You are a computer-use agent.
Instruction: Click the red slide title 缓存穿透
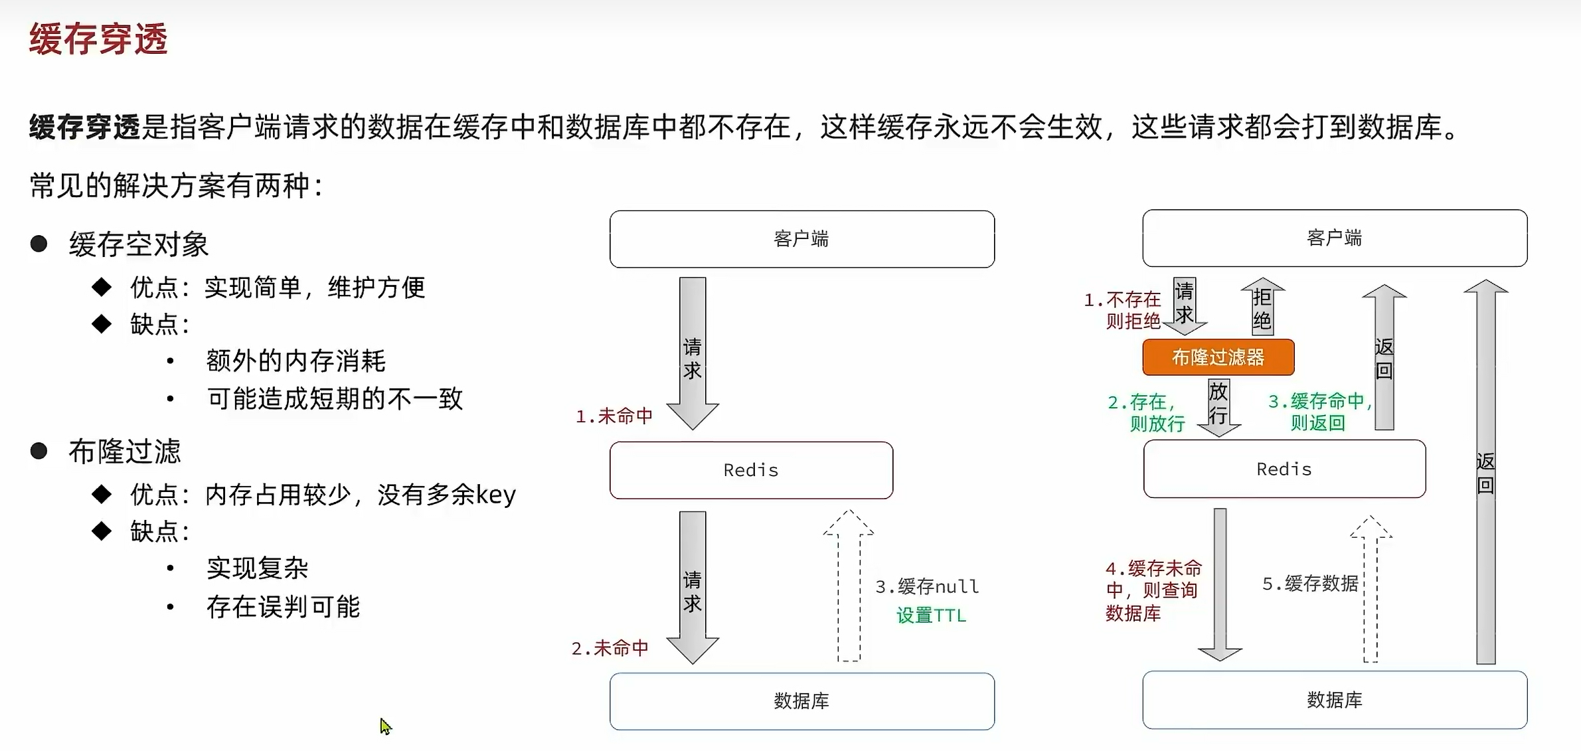(98, 39)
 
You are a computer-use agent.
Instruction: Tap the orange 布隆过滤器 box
(1218, 357)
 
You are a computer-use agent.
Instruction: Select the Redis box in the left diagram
(751, 470)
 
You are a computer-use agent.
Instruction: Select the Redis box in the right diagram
(1284, 469)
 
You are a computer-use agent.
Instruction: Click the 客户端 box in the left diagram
(801, 239)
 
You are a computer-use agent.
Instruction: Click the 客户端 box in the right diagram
(1334, 238)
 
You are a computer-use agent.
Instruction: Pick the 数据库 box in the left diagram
(801, 701)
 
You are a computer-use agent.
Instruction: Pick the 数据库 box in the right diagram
(1334, 699)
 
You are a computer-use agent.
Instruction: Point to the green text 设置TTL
(931, 616)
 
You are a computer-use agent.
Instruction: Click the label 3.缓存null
(927, 586)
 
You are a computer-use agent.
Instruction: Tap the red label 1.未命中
(614, 416)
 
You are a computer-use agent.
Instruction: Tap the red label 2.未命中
(610, 648)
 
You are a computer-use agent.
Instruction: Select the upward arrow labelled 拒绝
(1262, 307)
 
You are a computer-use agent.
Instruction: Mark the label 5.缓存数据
(1309, 584)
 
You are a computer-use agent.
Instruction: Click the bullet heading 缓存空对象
(139, 244)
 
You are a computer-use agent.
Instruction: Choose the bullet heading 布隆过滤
(125, 452)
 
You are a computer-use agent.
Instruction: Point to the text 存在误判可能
(284, 606)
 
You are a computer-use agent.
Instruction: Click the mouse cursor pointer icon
(385, 726)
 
